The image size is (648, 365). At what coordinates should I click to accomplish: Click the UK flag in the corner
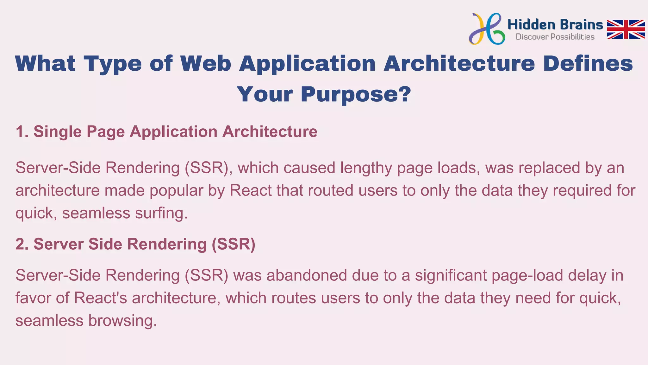[x=626, y=29]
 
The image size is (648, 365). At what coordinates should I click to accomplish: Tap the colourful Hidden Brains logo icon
[x=486, y=29]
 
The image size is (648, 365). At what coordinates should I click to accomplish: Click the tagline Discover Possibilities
[x=555, y=37]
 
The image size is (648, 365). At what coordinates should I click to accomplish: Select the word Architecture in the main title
[x=459, y=63]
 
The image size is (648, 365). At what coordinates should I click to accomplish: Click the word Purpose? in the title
[x=356, y=94]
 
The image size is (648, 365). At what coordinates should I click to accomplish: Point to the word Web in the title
[x=206, y=63]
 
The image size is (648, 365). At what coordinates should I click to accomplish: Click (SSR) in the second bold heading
[x=233, y=244]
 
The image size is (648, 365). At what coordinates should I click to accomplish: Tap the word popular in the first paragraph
[x=176, y=191]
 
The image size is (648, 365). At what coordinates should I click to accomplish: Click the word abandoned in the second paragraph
[x=307, y=275]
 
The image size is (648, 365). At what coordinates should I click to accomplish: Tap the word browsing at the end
[x=122, y=321]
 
